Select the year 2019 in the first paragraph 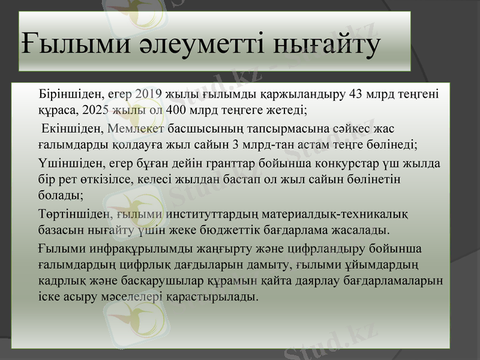(148, 94)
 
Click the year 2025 (95, 110)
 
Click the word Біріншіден (72, 94)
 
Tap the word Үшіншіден (69, 163)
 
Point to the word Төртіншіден (74, 214)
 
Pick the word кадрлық (61, 281)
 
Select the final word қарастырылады (212, 297)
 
